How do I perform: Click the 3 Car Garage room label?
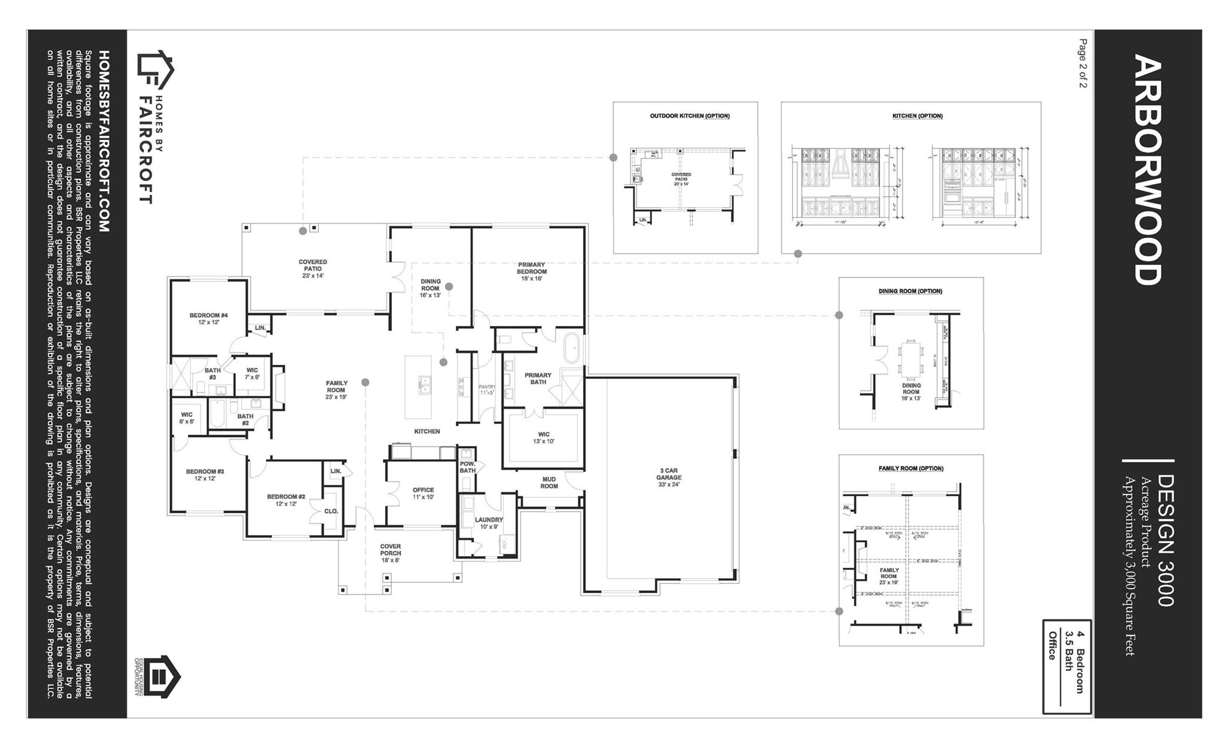tap(669, 477)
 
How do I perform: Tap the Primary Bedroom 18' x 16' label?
tap(532, 271)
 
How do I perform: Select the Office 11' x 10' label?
tap(423, 493)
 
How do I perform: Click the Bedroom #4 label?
tap(209, 318)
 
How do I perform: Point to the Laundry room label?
tap(489, 523)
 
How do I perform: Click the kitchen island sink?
tap(424, 385)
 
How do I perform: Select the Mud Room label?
tap(549, 483)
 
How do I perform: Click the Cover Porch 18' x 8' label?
tap(391, 553)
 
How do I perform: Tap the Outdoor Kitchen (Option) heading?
tap(690, 116)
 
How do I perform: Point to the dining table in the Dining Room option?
tap(910, 359)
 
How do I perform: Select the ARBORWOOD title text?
tap(1147, 170)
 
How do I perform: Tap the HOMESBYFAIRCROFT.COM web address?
tap(103, 141)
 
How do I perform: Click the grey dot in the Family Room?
tap(365, 382)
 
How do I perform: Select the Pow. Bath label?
tap(467, 467)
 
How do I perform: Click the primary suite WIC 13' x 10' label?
tap(543, 438)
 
